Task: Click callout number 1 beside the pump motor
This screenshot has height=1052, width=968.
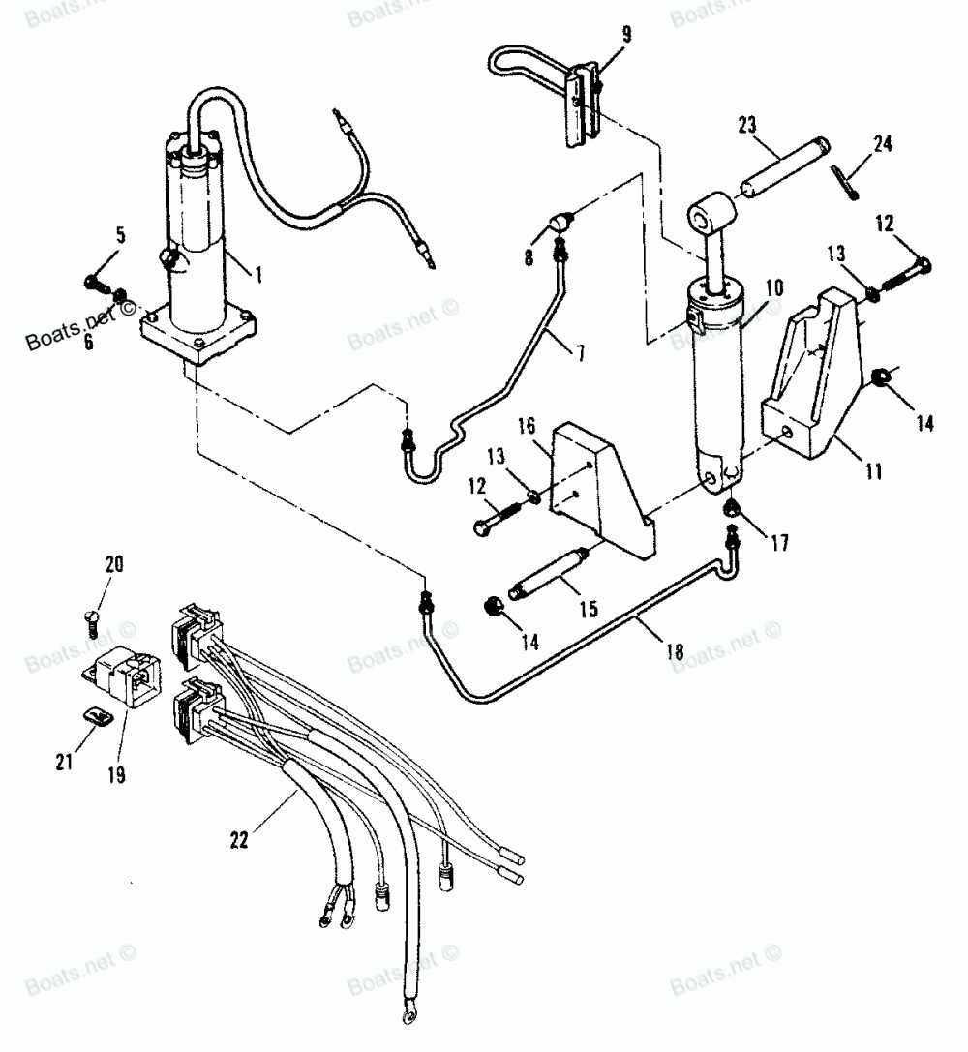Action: (x=257, y=275)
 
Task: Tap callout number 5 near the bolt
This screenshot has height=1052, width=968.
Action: (x=121, y=235)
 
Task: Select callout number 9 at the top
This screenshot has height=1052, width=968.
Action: (x=626, y=35)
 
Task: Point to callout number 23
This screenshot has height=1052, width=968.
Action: (x=747, y=125)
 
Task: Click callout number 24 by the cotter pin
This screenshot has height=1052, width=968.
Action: (x=883, y=143)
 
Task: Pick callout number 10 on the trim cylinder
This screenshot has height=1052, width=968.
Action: (x=774, y=288)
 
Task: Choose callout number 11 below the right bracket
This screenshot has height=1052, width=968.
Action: (x=873, y=471)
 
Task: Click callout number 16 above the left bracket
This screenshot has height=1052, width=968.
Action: (x=528, y=426)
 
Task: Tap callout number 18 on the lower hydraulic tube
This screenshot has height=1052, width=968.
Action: (x=675, y=650)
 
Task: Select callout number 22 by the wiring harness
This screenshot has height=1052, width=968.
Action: (x=239, y=839)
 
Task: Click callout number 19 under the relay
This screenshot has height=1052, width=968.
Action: (x=117, y=775)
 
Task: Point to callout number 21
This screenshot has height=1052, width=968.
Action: (x=65, y=762)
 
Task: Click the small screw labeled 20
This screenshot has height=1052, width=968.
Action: (x=92, y=623)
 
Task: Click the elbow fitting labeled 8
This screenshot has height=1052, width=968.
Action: (x=560, y=222)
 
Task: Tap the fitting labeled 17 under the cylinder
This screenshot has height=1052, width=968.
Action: (x=731, y=508)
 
